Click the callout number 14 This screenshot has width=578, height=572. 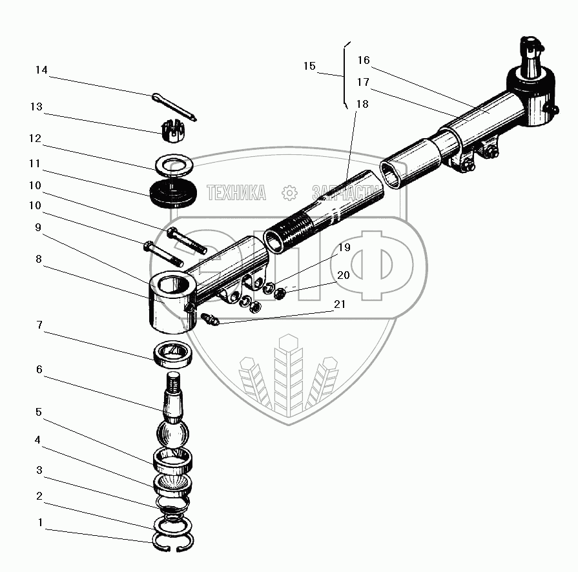point(41,70)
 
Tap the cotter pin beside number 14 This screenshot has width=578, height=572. point(175,107)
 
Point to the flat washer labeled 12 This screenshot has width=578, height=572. point(172,165)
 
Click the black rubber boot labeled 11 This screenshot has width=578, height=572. point(172,192)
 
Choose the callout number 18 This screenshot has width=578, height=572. point(362,105)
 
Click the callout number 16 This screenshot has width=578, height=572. point(363,61)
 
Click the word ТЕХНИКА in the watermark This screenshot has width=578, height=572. point(236,193)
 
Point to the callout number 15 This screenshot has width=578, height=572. point(309,66)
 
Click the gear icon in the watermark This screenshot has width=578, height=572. point(289,193)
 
